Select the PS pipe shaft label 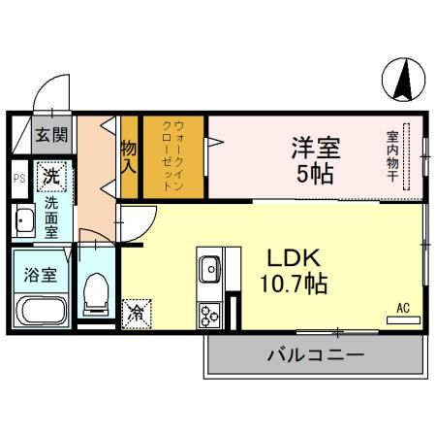[x=18, y=178]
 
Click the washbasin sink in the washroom [x=23, y=223]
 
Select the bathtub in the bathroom [x=41, y=314]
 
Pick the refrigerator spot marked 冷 [x=138, y=313]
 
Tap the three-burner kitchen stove [x=210, y=313]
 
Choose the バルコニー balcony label [x=316, y=356]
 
